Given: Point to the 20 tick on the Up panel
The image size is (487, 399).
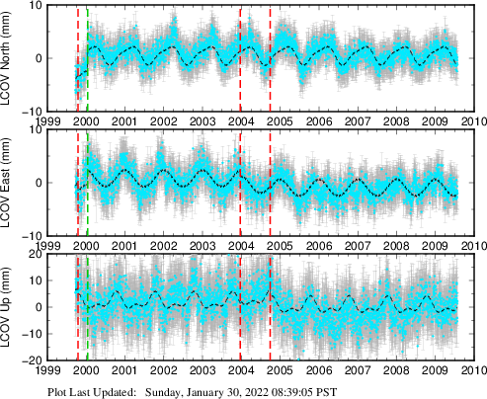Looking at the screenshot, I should tap(32, 255).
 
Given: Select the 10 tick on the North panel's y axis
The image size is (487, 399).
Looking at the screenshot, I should tap(32, 5).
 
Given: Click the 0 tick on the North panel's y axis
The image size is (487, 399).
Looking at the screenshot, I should tap(35, 57).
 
